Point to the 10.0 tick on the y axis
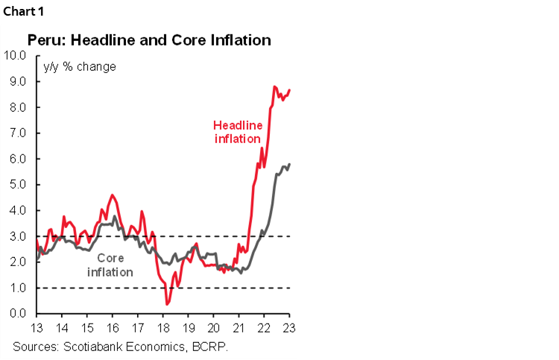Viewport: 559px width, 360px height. tap(16, 55)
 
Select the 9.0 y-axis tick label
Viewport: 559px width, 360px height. tap(18, 81)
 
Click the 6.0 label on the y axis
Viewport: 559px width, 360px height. tap(18, 159)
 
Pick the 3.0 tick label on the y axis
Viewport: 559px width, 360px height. tap(18, 236)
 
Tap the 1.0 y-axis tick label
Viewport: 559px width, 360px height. tap(18, 288)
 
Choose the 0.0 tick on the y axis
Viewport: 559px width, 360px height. tap(18, 314)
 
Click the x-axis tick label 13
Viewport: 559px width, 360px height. tap(37, 328)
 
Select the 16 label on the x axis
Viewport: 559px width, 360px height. tap(113, 328)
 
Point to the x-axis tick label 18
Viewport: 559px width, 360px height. tap(162, 328)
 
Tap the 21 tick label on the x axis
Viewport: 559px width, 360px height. tap(239, 328)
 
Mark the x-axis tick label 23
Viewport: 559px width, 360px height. tap(289, 328)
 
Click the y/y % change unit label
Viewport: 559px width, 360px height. tap(80, 67)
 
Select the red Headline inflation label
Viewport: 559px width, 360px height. tap(237, 132)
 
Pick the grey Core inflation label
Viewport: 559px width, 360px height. tap(110, 265)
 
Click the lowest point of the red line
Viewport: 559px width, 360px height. tap(167, 303)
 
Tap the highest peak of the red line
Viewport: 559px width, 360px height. tap(274, 86)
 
